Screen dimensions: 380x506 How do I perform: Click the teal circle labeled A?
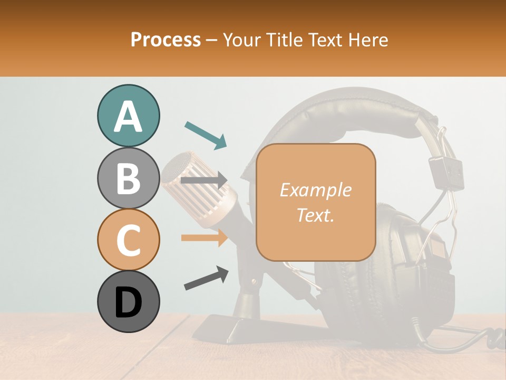pyautogui.click(x=128, y=116)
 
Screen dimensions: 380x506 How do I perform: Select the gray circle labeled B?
pyautogui.click(x=128, y=178)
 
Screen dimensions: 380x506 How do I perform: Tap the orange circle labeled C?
pyautogui.click(x=128, y=240)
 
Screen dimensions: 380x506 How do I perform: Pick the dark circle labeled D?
pyautogui.click(x=128, y=301)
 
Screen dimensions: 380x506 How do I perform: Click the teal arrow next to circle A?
pyautogui.click(x=206, y=135)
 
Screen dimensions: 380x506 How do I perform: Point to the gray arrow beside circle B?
pyautogui.click(x=205, y=180)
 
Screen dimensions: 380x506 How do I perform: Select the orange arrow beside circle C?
pyautogui.click(x=205, y=238)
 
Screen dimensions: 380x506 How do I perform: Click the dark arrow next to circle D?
pyautogui.click(x=206, y=278)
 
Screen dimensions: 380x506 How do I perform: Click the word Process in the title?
pyautogui.click(x=166, y=40)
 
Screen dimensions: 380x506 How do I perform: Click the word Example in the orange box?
pyautogui.click(x=315, y=190)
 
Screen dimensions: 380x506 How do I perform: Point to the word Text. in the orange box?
pyautogui.click(x=315, y=215)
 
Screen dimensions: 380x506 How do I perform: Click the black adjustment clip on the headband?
pyautogui.click(x=445, y=172)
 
